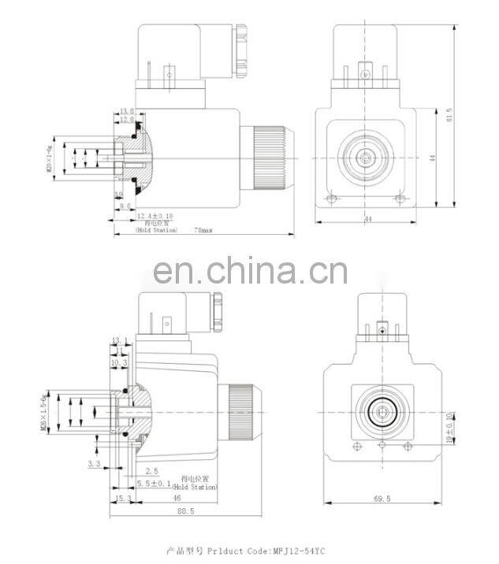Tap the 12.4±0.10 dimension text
point(155,215)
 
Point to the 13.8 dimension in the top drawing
point(127,112)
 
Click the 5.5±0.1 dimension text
point(152,483)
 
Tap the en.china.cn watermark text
point(249,272)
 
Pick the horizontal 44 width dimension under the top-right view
point(367,220)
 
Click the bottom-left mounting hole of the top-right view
point(333,198)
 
